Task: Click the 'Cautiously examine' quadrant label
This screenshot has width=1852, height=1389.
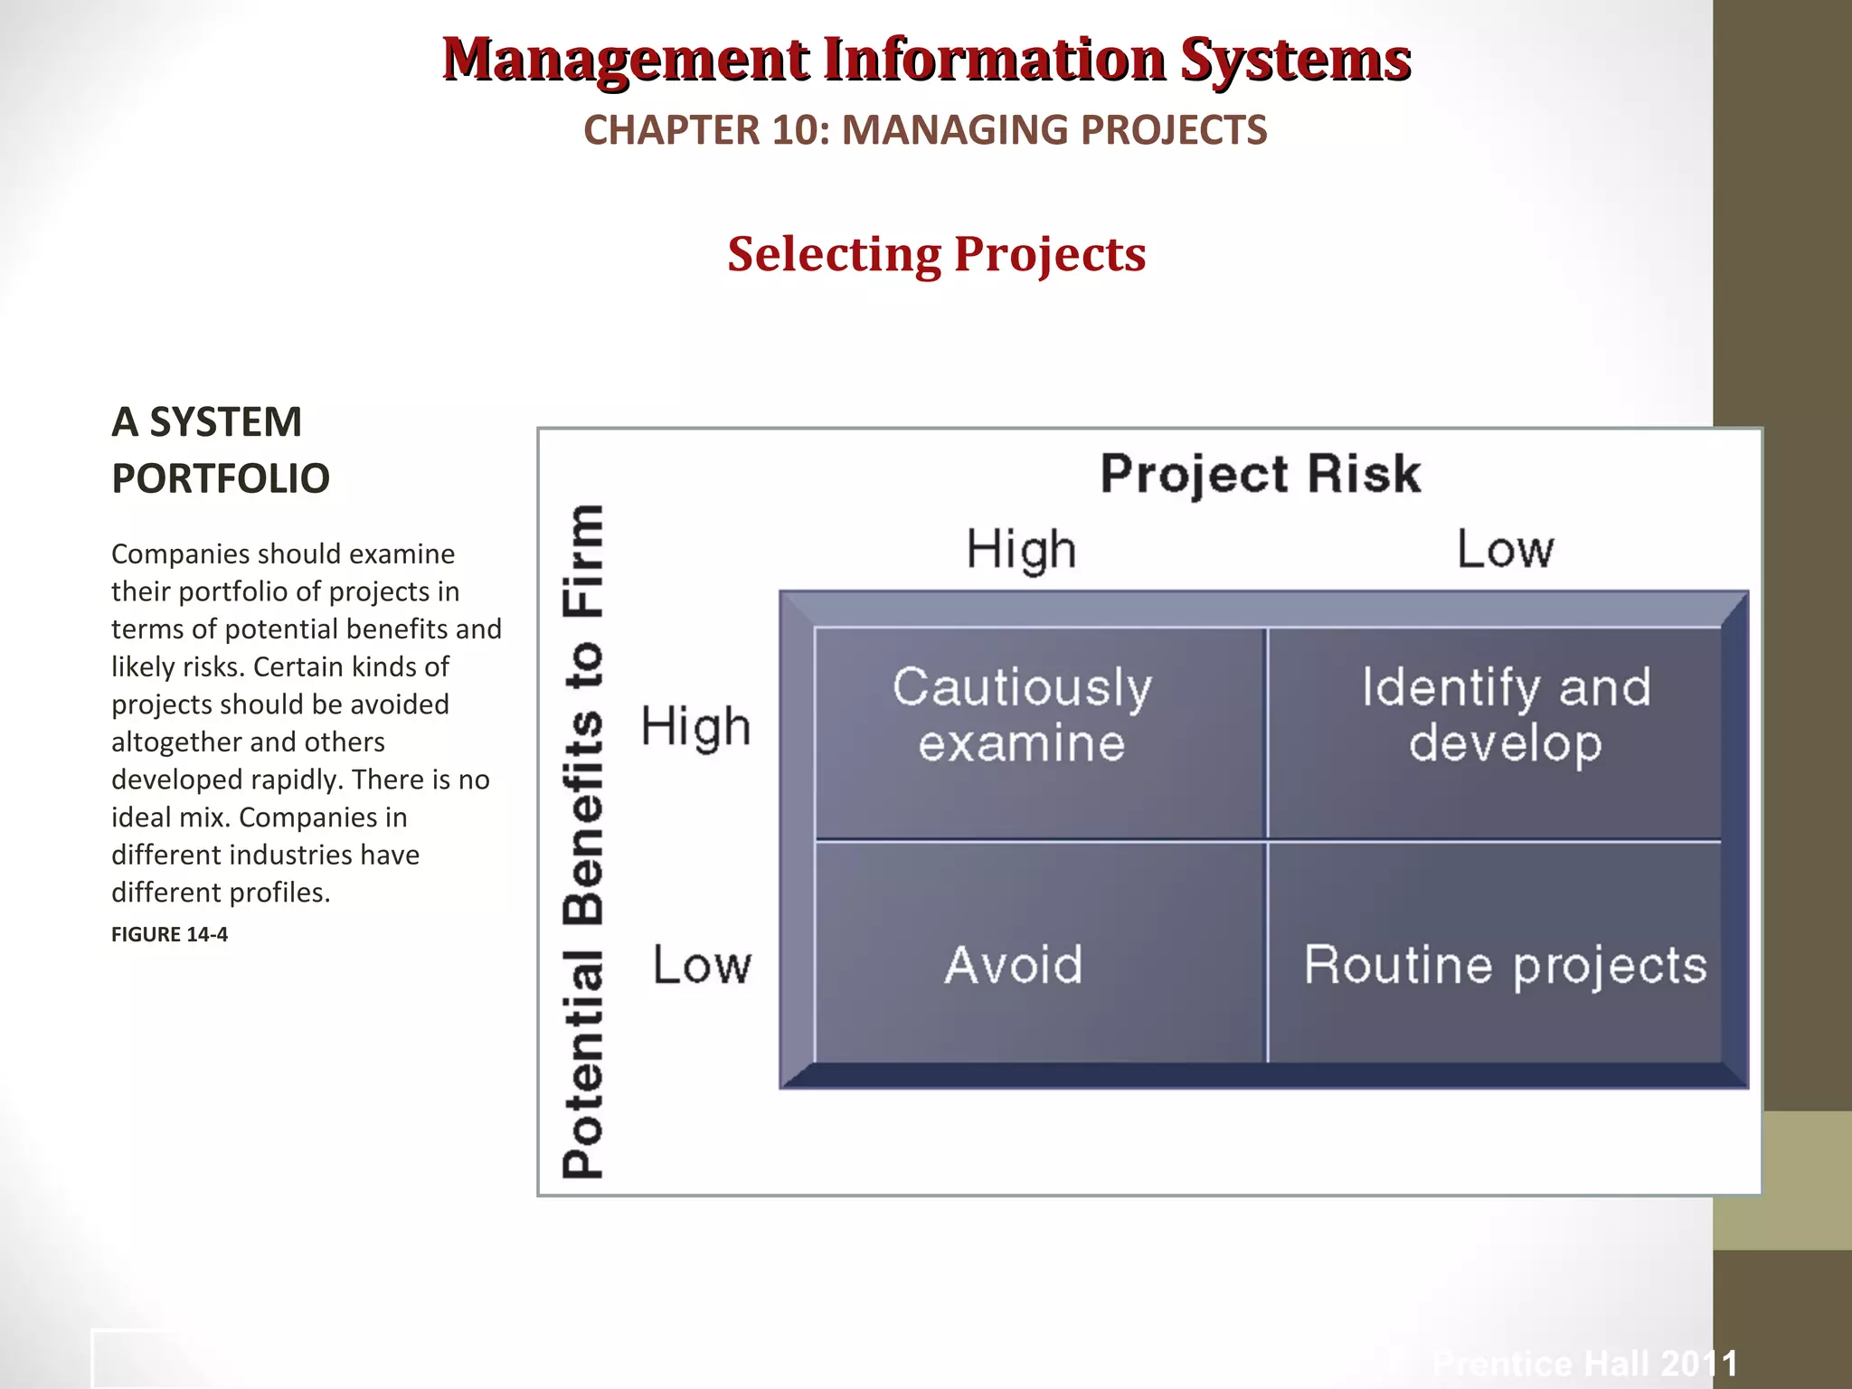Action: (x=1022, y=714)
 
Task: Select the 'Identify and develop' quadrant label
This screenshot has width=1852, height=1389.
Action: (x=1506, y=714)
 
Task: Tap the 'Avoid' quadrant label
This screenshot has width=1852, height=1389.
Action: (x=1014, y=964)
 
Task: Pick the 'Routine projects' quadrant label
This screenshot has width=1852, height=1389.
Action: (x=1506, y=966)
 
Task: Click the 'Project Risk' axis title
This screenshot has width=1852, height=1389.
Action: (x=1261, y=474)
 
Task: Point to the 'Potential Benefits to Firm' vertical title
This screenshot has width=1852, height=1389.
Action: (x=583, y=841)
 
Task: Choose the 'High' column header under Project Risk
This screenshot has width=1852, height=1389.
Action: (x=1021, y=550)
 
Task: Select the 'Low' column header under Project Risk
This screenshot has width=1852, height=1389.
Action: (x=1506, y=549)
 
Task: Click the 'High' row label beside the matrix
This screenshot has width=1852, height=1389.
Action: (x=695, y=726)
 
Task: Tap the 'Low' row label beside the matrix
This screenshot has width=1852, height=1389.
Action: (x=702, y=965)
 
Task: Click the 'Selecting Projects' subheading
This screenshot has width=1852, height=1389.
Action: (x=937, y=254)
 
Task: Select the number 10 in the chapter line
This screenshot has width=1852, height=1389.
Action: (x=796, y=130)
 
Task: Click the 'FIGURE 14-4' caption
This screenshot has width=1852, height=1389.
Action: (x=169, y=934)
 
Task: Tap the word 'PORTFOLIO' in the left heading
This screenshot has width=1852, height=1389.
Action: (x=221, y=478)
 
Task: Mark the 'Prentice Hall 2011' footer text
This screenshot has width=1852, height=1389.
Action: (x=1585, y=1363)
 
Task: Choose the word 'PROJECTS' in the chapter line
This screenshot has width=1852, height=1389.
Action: (x=1174, y=130)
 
